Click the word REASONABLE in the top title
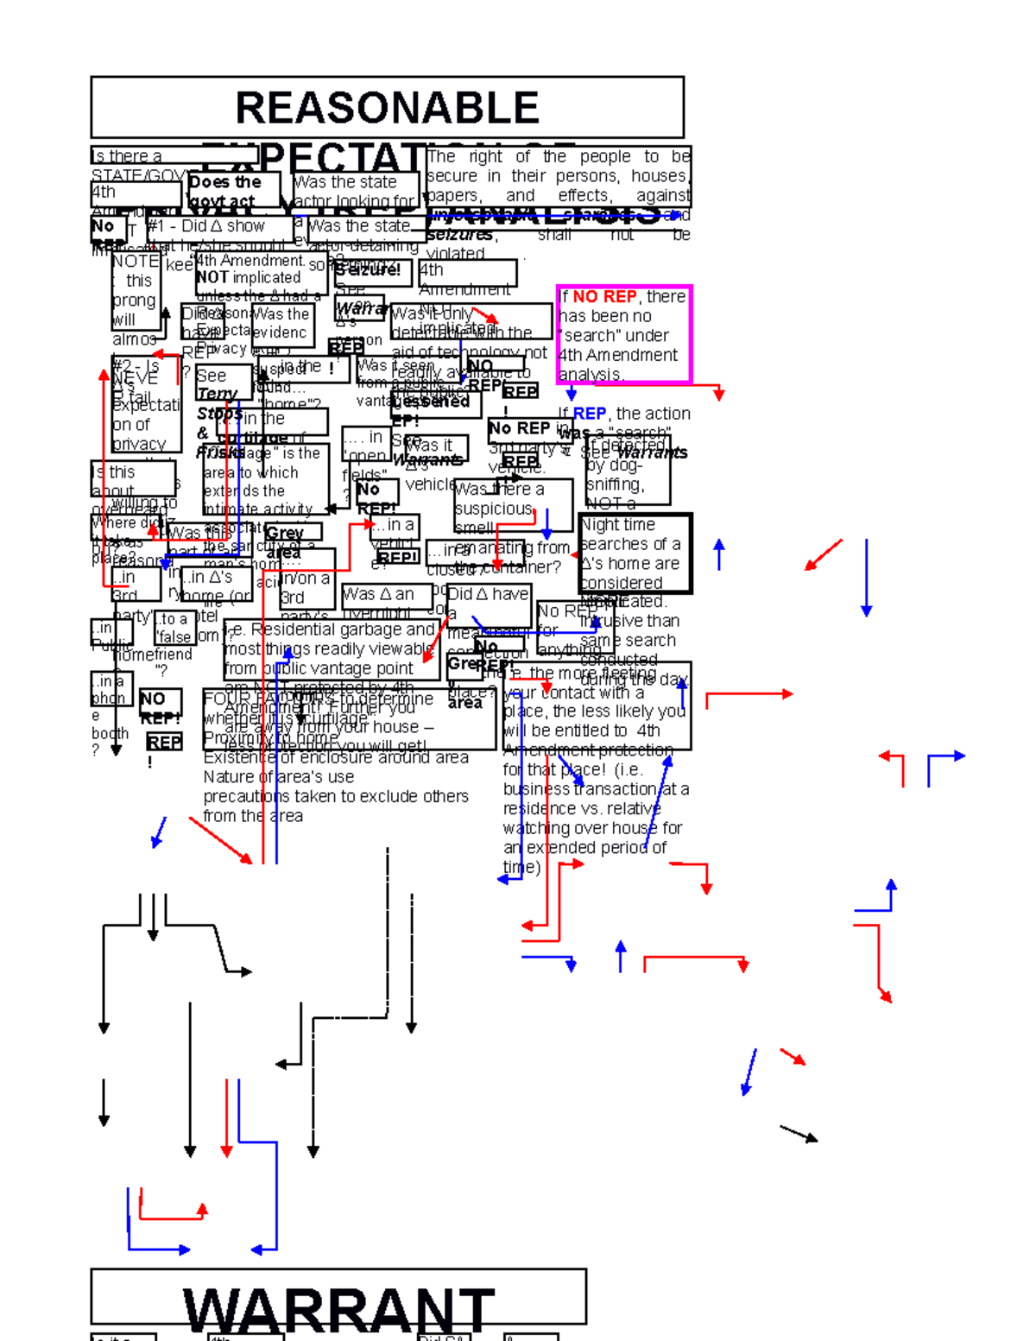click(x=387, y=108)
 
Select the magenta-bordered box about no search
click(x=624, y=334)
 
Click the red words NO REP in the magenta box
click(x=604, y=296)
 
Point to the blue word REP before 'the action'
click(x=589, y=414)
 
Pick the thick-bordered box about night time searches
click(x=635, y=553)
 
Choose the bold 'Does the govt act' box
click(x=233, y=191)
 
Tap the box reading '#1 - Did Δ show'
click(x=219, y=227)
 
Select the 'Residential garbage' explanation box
click(x=332, y=649)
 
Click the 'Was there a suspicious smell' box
click(x=513, y=506)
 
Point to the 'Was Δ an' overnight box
click(x=388, y=596)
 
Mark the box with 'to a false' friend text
click(x=175, y=629)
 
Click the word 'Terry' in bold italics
click(x=216, y=394)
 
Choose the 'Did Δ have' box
click(x=488, y=604)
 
